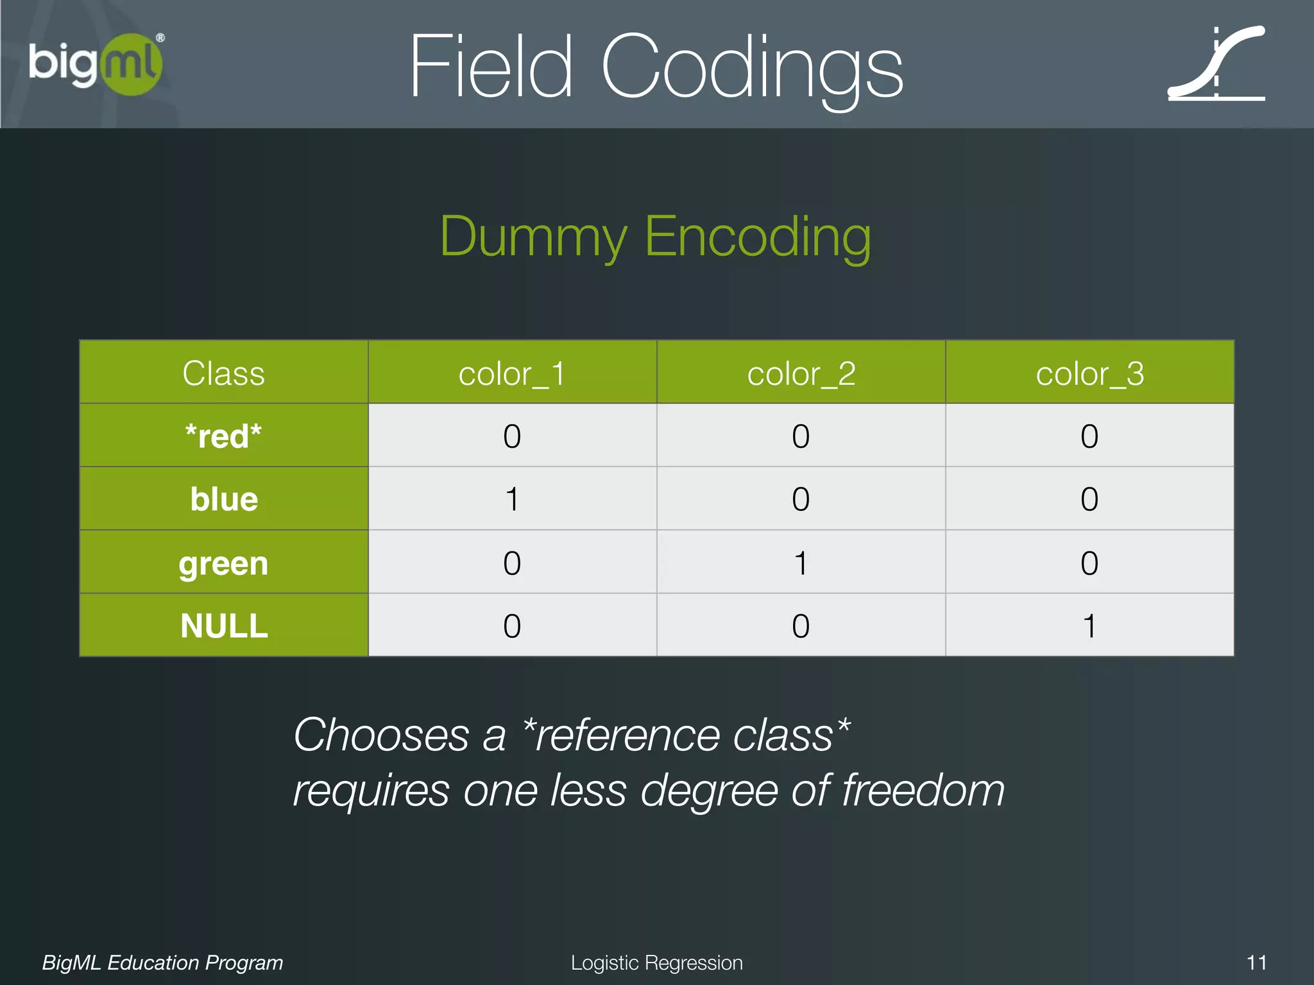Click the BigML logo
click(x=95, y=64)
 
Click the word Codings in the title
click(x=751, y=67)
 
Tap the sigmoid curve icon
click(x=1216, y=64)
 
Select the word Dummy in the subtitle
click(x=533, y=237)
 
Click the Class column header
click(x=223, y=373)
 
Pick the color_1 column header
click(x=512, y=373)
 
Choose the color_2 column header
click(x=801, y=373)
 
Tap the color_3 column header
click(x=1089, y=373)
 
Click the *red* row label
click(x=223, y=436)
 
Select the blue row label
click(x=223, y=499)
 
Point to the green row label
click(x=223, y=563)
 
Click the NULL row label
click(x=223, y=626)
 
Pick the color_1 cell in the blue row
click(x=512, y=499)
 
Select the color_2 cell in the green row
click(x=801, y=563)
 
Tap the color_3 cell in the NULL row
click(x=1089, y=626)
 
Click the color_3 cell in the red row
click(x=1089, y=436)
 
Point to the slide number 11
click(x=1256, y=963)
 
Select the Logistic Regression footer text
click(x=656, y=963)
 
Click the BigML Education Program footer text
click(x=162, y=963)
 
